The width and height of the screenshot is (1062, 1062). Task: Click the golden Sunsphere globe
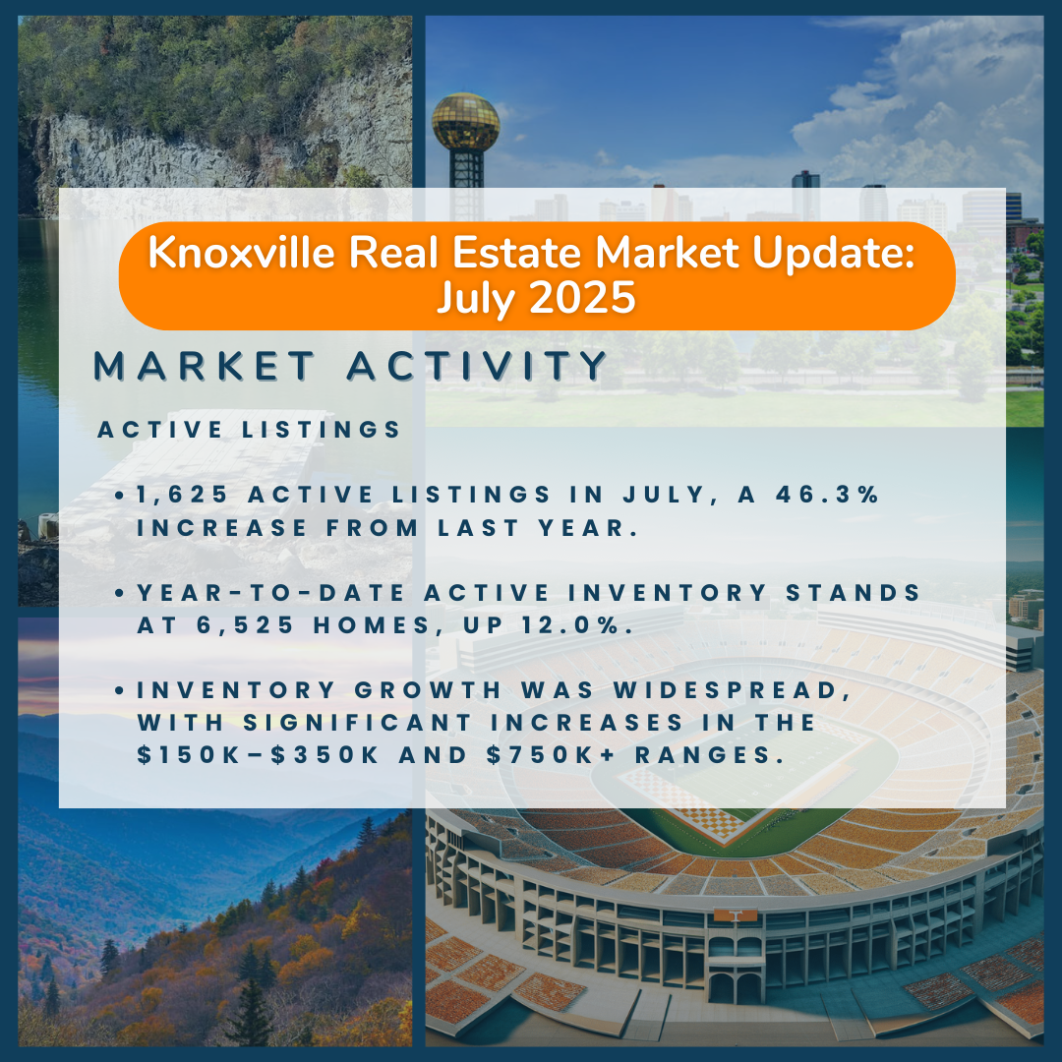(x=465, y=122)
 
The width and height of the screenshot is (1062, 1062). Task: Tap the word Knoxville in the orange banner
(x=241, y=253)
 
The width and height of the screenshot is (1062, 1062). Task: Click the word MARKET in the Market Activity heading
(x=204, y=366)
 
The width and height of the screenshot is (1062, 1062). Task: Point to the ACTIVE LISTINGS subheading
(x=249, y=430)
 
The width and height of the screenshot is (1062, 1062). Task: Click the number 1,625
(x=182, y=495)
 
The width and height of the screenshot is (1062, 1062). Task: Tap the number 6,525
(x=245, y=625)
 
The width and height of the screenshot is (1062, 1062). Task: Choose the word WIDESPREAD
(x=733, y=690)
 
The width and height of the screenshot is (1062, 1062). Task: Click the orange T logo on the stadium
(x=735, y=915)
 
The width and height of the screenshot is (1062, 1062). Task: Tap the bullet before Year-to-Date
(x=119, y=593)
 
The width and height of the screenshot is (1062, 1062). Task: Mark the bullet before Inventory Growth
(x=119, y=691)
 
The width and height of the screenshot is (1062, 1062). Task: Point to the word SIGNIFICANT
(x=358, y=723)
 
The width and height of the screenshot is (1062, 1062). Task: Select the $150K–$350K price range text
(x=258, y=754)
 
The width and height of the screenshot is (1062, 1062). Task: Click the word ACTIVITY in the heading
(x=477, y=366)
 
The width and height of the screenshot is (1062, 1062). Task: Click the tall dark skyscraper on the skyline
(x=805, y=196)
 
